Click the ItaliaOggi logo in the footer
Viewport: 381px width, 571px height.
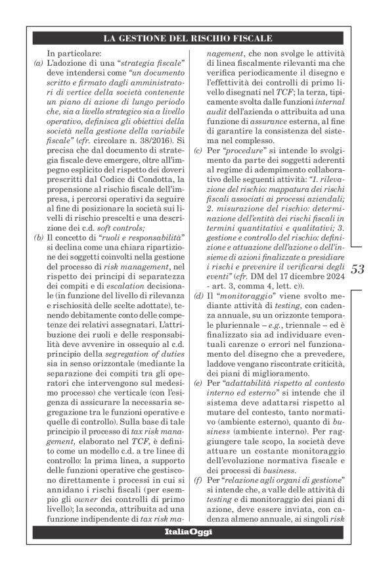(x=190, y=531)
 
